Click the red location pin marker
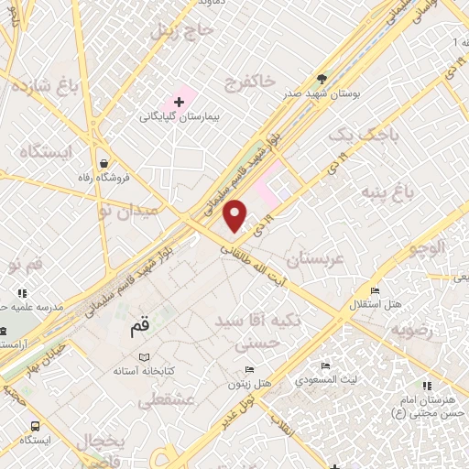[235, 215]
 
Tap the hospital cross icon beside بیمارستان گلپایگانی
[178, 101]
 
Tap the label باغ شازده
[44, 89]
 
